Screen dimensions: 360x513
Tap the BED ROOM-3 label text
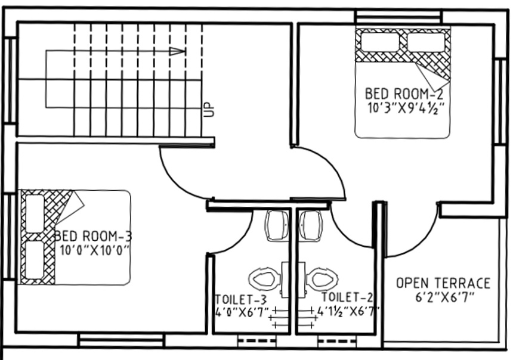[92, 235]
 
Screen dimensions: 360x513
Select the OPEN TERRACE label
[443, 283]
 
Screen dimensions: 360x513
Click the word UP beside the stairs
[208, 110]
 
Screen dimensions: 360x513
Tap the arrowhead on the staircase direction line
[177, 52]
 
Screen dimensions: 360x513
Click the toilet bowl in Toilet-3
[264, 278]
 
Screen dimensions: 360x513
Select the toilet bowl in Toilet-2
[322, 278]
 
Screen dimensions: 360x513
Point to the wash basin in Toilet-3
[276, 225]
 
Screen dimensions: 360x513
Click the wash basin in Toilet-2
[311, 225]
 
